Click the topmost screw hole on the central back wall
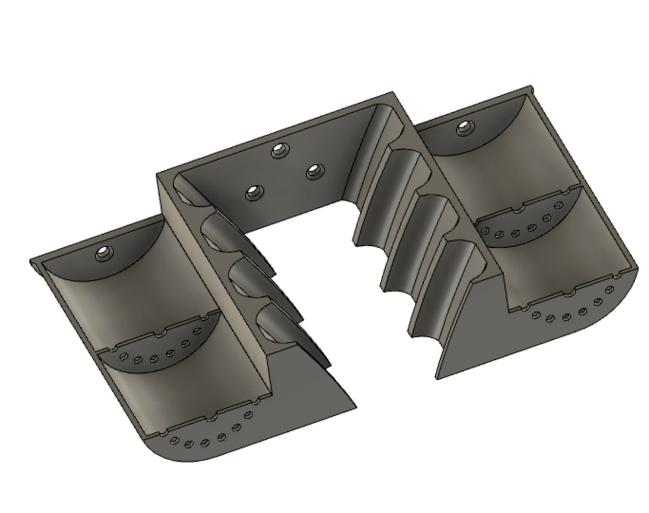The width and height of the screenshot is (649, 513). point(280,150)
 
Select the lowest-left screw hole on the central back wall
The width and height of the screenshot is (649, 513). point(252,192)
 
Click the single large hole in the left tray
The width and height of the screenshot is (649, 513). point(104,254)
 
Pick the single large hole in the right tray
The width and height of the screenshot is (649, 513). point(463,127)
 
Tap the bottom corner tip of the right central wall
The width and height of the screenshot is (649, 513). point(437,377)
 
